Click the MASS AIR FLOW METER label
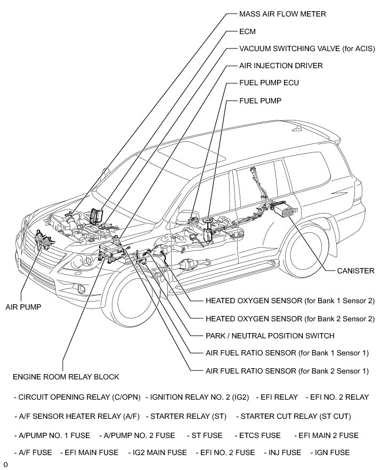(x=282, y=14)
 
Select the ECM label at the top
(x=248, y=31)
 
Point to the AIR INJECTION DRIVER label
(x=281, y=66)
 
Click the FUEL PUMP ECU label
(x=269, y=83)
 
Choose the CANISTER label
(x=355, y=271)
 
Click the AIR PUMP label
(x=23, y=307)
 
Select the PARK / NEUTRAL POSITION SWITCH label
(x=270, y=336)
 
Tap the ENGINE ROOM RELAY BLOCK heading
(x=66, y=377)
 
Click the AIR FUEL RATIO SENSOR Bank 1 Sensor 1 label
(x=287, y=353)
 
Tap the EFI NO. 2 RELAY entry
(x=337, y=397)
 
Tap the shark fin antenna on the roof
(x=303, y=128)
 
